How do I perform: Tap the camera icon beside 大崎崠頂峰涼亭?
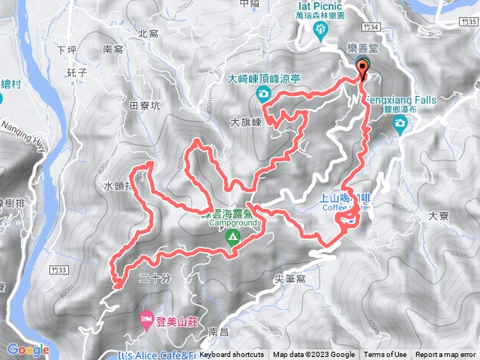point(263,93)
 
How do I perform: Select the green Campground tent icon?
point(232,238)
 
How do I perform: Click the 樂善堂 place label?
point(362,48)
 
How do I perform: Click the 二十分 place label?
point(154,278)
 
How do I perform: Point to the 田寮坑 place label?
point(145,106)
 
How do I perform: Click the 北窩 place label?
point(148,33)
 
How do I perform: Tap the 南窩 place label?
point(112,49)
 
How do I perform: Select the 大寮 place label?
point(437,215)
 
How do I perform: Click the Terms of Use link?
point(385,355)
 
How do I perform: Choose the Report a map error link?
point(446,355)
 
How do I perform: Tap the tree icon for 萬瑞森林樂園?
point(321,29)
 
